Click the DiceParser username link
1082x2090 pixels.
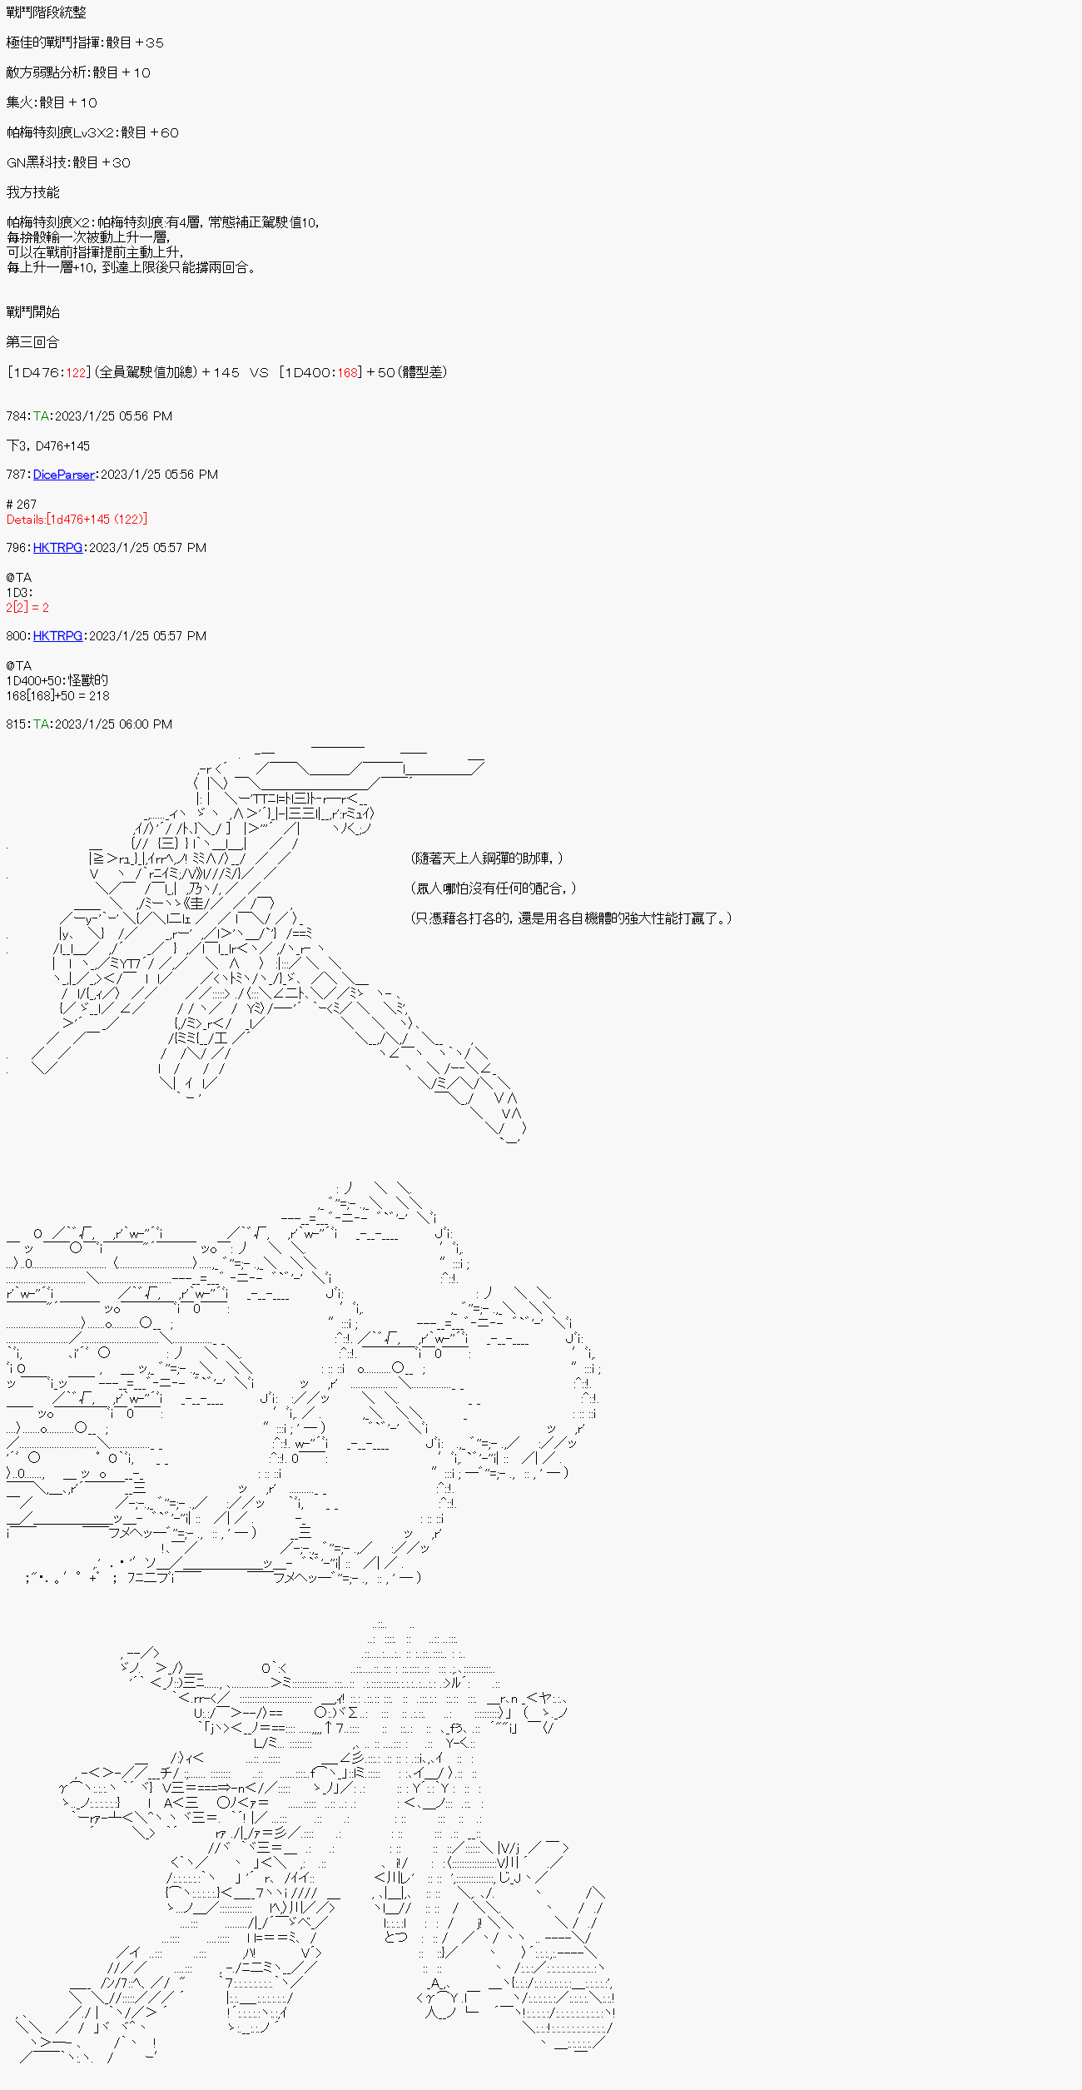pyautogui.click(x=63, y=475)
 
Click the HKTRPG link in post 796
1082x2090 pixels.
pyautogui.click(x=57, y=548)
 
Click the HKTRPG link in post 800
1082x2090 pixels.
pyautogui.click(x=57, y=636)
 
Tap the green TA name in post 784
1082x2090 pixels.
pyautogui.click(x=42, y=416)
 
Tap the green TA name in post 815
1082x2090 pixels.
pyautogui.click(x=42, y=724)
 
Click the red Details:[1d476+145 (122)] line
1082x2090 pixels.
pyautogui.click(x=77, y=520)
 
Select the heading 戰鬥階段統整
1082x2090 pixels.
pyautogui.click(x=46, y=12)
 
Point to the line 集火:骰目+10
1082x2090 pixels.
pyautogui.click(x=52, y=102)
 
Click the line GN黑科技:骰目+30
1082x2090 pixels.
pyautogui.click(x=68, y=162)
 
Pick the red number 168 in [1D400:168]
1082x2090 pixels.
pyautogui.click(x=348, y=372)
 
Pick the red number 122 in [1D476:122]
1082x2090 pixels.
pyautogui.click(x=77, y=372)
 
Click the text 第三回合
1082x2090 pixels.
pyautogui.click(x=32, y=342)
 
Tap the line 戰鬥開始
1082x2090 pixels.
pyautogui.click(x=32, y=312)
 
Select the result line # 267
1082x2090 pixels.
pyautogui.click(x=22, y=505)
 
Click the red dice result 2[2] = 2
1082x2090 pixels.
pyautogui.click(x=27, y=608)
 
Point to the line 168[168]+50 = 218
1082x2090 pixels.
pyautogui.click(x=57, y=696)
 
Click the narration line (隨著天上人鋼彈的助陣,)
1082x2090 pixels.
pyautogui.click(x=486, y=858)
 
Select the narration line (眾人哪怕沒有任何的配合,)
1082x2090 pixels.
pyautogui.click(x=493, y=888)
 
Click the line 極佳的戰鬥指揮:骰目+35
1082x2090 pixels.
pyautogui.click(x=85, y=42)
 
